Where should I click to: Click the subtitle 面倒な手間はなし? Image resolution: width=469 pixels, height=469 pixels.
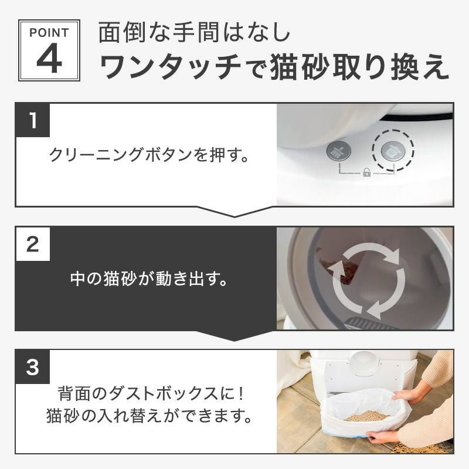pyautogui.click(x=193, y=33)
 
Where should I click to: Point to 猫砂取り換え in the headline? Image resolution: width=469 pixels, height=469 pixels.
pyautogui.click(x=360, y=69)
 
